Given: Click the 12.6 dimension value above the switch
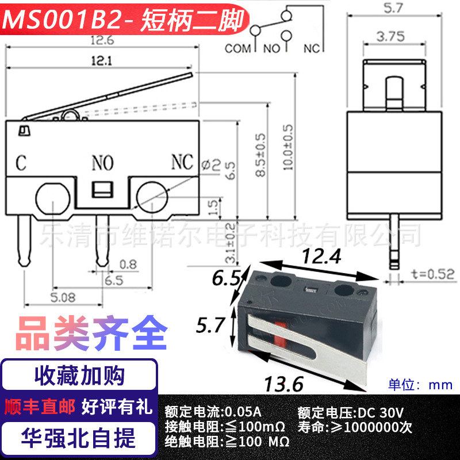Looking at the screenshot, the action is tap(102, 40).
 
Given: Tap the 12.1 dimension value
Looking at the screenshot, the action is tap(102, 61).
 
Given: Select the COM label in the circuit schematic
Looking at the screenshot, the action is tap(237, 48).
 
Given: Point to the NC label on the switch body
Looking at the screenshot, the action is tap(182, 162).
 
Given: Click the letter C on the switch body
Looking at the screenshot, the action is tap(21, 163).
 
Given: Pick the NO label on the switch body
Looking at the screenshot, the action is tap(102, 163).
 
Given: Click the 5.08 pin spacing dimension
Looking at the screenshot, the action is tap(63, 297).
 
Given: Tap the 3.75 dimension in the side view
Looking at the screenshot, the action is tap(391, 37).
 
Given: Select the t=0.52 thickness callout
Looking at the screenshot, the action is tap(433, 274).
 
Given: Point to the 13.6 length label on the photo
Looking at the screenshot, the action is tap(283, 384).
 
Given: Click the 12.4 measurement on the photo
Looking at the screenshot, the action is tap(322, 256).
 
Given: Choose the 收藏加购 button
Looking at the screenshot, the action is tap(79, 375).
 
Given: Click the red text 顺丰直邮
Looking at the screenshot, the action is tap(40, 407).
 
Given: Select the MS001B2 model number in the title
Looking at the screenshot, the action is tap(62, 20).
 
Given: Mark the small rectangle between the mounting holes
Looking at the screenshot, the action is tap(102, 190).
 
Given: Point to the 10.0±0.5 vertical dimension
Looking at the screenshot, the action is tap(288, 147).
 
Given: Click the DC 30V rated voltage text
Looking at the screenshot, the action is tap(381, 412).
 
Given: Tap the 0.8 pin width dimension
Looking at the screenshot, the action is tap(128, 264).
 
